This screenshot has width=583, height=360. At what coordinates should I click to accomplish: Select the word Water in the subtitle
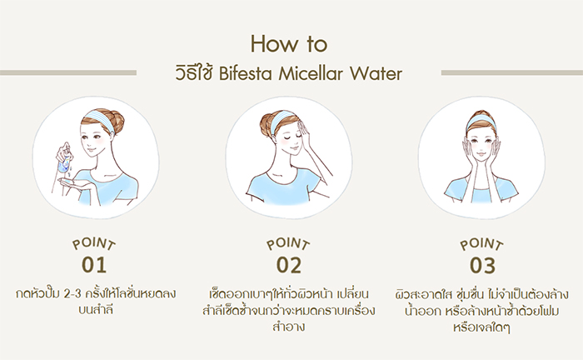coord(380,74)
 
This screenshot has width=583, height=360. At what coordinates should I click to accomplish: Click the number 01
coord(94,266)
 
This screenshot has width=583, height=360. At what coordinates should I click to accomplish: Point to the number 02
coord(288,266)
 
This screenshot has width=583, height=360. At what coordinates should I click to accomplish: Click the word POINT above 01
coord(94,246)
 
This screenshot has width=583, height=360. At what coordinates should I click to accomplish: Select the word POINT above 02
coord(288,246)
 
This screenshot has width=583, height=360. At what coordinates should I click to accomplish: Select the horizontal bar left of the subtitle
coord(67,72)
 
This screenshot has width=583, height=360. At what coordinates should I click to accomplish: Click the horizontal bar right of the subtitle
coord(507,72)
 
